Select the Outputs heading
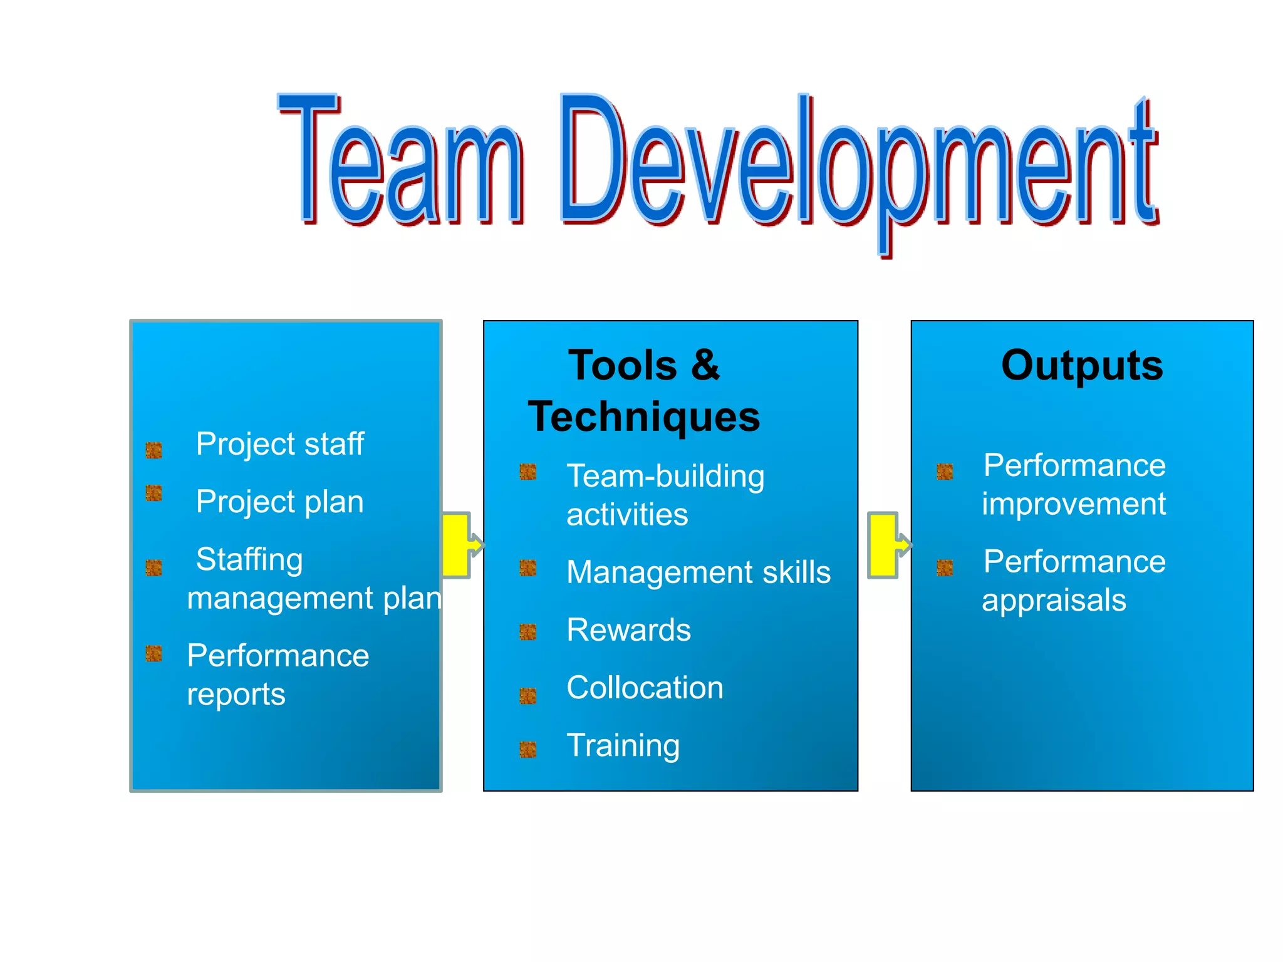click(x=1082, y=365)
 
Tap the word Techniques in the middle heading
click(x=644, y=417)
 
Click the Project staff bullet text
click(x=279, y=444)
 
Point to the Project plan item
click(x=279, y=502)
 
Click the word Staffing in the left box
click(x=249, y=559)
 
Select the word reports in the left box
click(x=236, y=694)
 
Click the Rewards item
click(x=628, y=629)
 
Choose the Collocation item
click(x=645, y=687)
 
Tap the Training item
click(x=623, y=745)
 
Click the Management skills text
click(x=699, y=572)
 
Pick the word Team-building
click(x=665, y=476)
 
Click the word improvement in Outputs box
click(x=1074, y=504)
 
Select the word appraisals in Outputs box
click(x=1054, y=600)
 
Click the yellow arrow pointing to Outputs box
click(x=886, y=545)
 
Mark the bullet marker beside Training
click(x=528, y=749)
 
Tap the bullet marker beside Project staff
click(x=154, y=450)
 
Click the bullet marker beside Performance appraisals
click(x=945, y=567)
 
